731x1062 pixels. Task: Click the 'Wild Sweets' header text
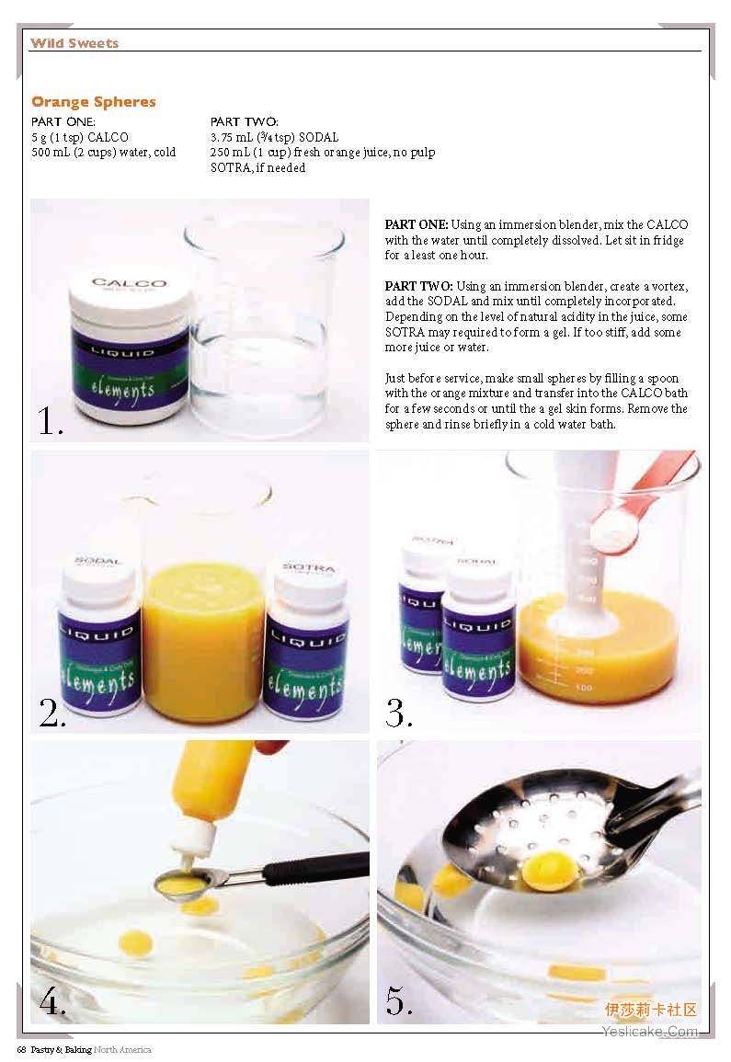(x=74, y=43)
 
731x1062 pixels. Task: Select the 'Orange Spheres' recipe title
(x=94, y=101)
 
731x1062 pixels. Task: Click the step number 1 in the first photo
(x=51, y=420)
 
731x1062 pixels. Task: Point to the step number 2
(x=52, y=712)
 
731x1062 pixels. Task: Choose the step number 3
(x=399, y=713)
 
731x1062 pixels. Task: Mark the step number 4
(x=52, y=1000)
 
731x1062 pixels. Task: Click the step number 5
(x=399, y=1000)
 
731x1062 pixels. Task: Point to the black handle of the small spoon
(x=315, y=866)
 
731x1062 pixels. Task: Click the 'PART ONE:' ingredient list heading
(x=63, y=122)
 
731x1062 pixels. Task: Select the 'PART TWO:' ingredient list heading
(x=244, y=122)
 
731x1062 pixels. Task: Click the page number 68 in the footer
(x=21, y=1050)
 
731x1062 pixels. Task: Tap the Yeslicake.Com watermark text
(x=650, y=1032)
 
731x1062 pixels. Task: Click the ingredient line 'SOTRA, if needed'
(x=257, y=168)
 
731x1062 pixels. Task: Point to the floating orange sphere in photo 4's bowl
(x=135, y=942)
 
